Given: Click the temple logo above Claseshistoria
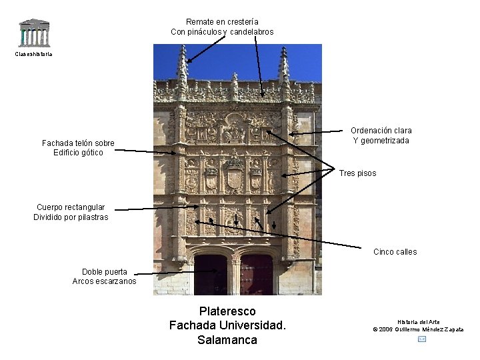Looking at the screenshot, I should point(34,33).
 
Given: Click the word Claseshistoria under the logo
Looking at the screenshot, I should point(33,54).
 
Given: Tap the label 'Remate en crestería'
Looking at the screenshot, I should point(222,22).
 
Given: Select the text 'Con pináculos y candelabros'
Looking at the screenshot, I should point(222,32).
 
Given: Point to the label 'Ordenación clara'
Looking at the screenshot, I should point(381,131).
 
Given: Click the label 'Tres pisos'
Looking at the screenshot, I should point(357,173).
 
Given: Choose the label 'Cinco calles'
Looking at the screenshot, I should point(395,252).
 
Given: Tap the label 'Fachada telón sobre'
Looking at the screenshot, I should point(78,143).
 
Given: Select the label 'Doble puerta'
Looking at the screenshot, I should point(105,272).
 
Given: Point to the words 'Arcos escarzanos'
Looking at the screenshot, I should point(104,281).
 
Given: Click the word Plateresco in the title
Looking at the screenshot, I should point(227,311).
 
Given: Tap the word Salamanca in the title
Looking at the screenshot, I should point(227,340).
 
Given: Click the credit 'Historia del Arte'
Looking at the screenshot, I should point(418,322).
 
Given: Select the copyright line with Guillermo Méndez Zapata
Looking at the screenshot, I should point(418,329).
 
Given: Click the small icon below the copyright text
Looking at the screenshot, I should point(421,339).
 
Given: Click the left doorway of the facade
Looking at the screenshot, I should point(211,275).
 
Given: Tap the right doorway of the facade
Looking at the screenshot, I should point(257,275).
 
